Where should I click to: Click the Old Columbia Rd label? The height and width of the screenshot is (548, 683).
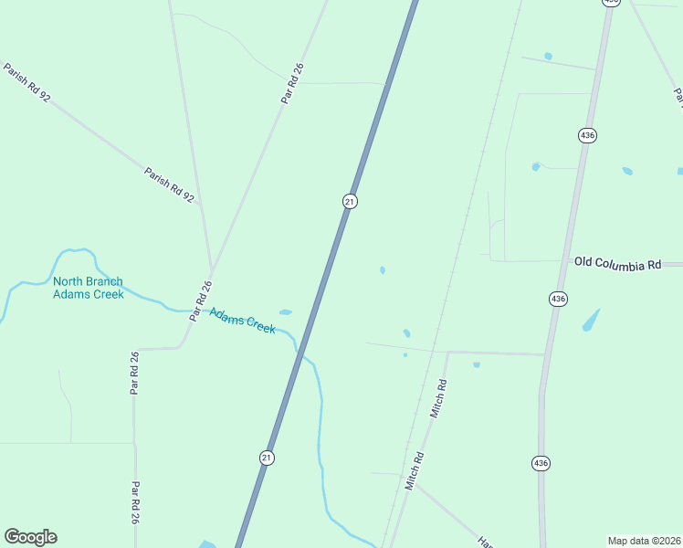[617, 263]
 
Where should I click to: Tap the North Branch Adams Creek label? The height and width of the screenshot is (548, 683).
[88, 288]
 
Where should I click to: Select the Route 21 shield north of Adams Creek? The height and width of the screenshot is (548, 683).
[349, 201]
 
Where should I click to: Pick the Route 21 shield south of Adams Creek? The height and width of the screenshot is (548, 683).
[266, 458]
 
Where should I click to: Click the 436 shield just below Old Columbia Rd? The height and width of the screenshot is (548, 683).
[557, 299]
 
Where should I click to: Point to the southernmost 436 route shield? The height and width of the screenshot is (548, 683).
[541, 463]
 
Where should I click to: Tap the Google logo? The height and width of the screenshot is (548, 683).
[30, 537]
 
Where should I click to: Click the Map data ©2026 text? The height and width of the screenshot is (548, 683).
[644, 541]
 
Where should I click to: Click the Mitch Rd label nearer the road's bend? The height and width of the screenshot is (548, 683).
[439, 399]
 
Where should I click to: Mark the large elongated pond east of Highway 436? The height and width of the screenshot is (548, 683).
[592, 320]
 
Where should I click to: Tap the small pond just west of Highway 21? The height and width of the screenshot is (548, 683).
[286, 312]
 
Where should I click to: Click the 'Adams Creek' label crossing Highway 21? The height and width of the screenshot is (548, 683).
[242, 321]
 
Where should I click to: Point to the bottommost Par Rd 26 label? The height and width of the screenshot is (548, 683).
[135, 503]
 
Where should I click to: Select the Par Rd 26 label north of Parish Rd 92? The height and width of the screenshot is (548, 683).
[291, 83]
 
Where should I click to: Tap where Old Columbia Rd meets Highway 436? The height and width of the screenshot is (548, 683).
[560, 261]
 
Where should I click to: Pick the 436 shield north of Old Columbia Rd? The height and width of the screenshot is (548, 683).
[587, 135]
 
